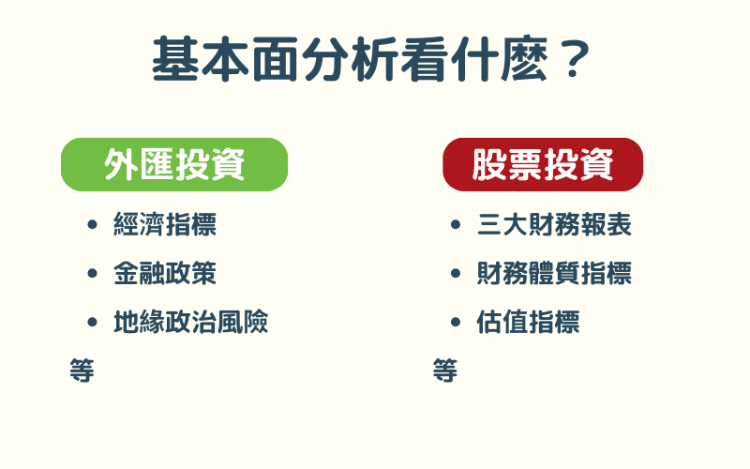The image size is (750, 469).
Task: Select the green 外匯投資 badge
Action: (174, 164)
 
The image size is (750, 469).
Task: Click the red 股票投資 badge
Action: (543, 164)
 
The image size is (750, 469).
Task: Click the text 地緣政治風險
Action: (191, 323)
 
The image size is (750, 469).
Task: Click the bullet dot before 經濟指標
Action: (92, 225)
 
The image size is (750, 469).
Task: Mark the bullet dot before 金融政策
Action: (92, 274)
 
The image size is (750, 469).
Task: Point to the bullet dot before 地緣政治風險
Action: (92, 323)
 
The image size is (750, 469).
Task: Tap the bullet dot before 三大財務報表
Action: (456, 225)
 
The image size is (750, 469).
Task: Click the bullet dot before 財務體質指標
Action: (456, 274)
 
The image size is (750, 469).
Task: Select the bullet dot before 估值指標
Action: (456, 323)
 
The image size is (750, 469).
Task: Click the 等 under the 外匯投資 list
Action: (82, 370)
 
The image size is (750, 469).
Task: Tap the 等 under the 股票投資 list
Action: (445, 370)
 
